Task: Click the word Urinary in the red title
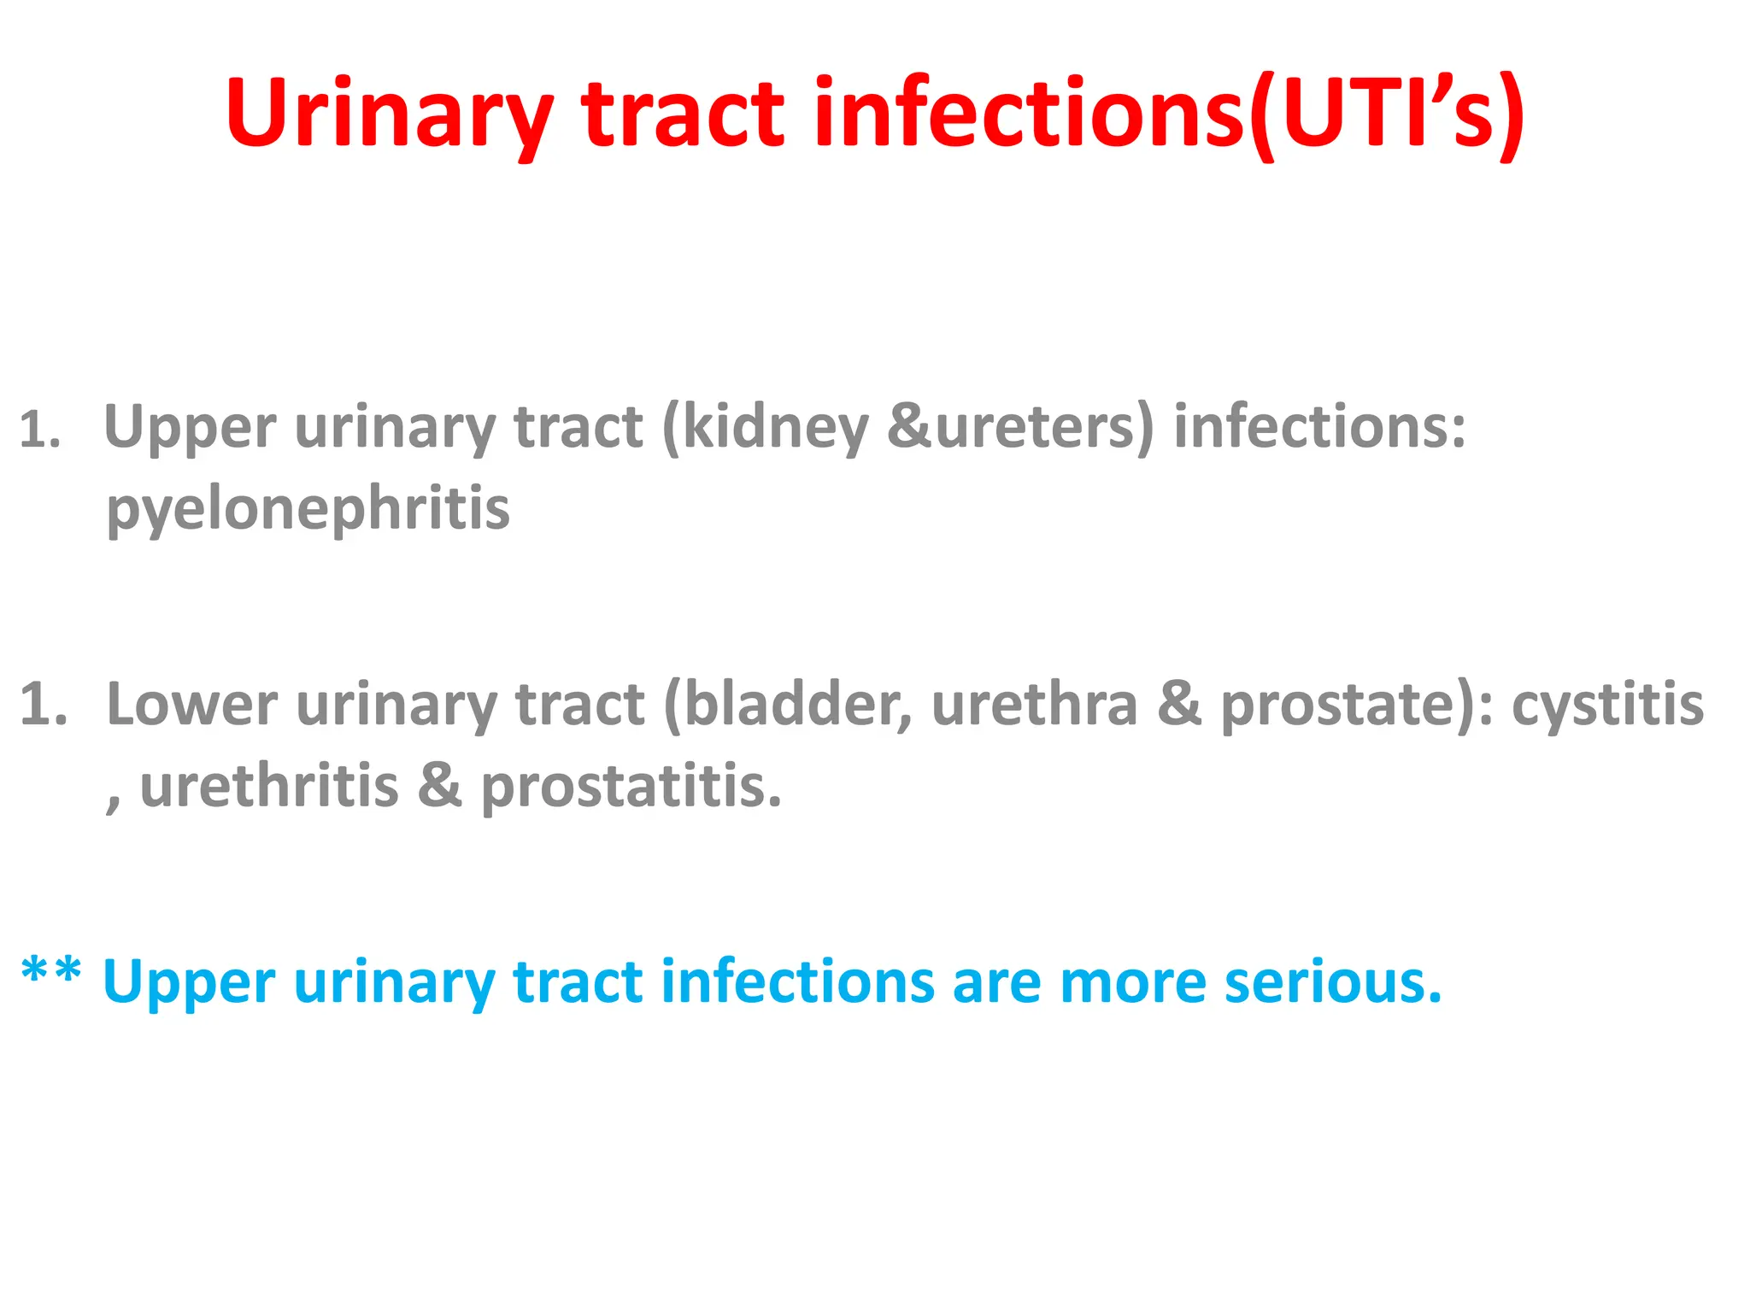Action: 389,115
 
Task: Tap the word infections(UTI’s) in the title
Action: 1169,115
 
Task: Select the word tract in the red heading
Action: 682,115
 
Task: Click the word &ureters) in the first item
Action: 1020,427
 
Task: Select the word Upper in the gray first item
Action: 190,427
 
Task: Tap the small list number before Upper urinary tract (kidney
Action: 40,430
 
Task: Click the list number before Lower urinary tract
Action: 43,706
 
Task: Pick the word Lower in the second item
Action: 192,706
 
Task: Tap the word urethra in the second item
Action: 1034,706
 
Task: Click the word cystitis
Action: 1608,706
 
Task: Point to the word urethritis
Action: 269,787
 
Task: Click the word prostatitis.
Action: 631,787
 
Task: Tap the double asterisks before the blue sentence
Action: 51,974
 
